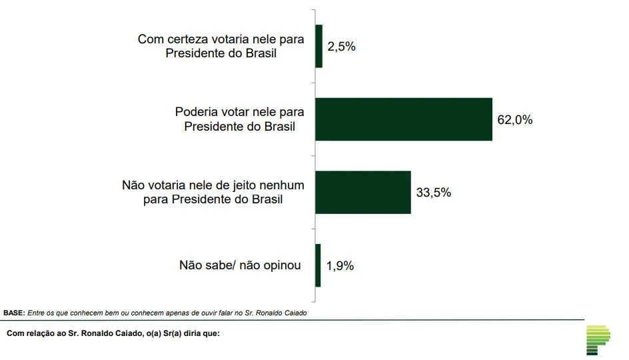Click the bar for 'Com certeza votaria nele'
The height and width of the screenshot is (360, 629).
(318, 47)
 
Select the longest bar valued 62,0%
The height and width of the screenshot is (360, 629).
(403, 119)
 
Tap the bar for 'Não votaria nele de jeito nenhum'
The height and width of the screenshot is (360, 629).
(362, 193)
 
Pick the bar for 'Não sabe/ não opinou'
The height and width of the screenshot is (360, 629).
(318, 265)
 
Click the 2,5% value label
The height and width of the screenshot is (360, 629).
(341, 47)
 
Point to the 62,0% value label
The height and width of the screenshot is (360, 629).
(515, 120)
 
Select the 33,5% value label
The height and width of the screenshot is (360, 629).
(434, 193)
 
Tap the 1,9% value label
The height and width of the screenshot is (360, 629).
(340, 265)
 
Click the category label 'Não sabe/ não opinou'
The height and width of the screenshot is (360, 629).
(240, 265)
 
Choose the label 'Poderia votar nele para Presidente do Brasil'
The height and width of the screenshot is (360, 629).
(239, 119)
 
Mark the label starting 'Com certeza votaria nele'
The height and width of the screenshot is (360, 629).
(221, 47)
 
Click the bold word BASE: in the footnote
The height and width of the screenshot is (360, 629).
(14, 312)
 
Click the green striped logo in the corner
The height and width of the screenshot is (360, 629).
(598, 341)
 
